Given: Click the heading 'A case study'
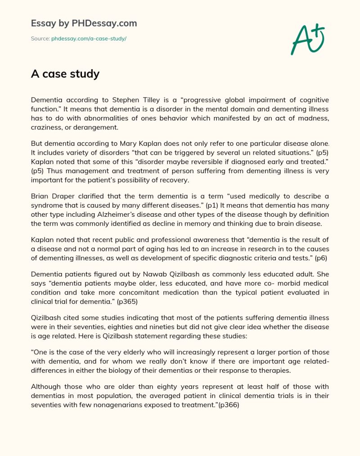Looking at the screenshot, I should pos(65,74).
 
